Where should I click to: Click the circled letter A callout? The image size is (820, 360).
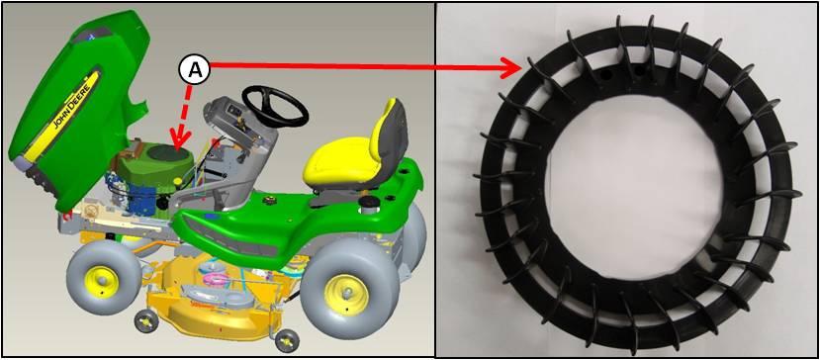195,70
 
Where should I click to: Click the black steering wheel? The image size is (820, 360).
275,107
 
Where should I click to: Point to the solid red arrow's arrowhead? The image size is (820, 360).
512,67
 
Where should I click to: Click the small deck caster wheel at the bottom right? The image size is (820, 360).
286,340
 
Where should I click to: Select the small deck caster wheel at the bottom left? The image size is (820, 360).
146,320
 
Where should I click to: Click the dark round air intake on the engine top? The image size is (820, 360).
168,152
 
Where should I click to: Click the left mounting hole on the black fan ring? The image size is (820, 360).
606,75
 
